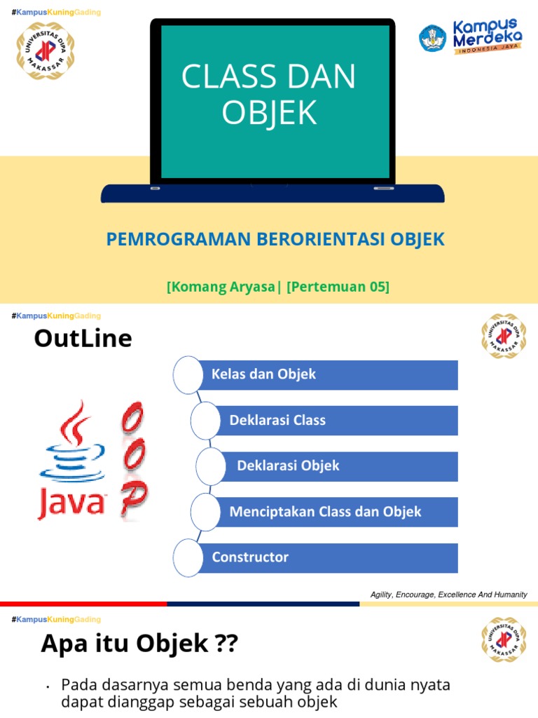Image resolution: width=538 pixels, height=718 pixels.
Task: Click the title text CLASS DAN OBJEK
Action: (x=269, y=95)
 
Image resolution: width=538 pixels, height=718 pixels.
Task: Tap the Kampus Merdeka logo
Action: (x=470, y=38)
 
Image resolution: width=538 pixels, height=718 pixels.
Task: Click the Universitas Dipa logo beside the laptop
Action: (x=45, y=50)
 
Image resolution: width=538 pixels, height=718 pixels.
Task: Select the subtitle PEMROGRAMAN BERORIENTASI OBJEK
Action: (x=275, y=239)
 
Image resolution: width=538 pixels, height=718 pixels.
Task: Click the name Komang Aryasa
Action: (x=223, y=287)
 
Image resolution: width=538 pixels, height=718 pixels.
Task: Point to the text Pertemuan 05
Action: (x=338, y=287)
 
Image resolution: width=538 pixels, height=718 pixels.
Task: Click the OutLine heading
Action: (x=83, y=339)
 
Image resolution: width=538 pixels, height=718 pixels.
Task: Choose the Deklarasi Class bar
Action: (x=336, y=420)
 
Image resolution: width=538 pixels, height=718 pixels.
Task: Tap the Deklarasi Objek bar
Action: (x=340, y=466)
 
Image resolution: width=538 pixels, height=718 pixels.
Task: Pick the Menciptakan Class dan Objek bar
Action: (x=336, y=512)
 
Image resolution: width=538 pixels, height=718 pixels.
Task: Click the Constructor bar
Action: (x=329, y=557)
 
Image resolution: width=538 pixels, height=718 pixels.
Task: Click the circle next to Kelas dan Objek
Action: (x=187, y=374)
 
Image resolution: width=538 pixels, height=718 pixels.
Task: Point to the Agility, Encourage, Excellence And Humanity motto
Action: (x=448, y=595)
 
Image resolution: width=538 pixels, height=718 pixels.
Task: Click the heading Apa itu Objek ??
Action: (x=140, y=642)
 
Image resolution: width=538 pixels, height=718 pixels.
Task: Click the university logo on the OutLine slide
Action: (x=503, y=337)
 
